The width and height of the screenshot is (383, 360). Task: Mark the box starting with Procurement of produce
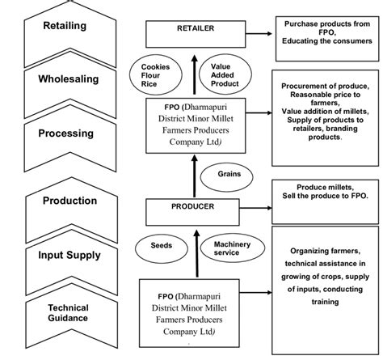tap(325, 112)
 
